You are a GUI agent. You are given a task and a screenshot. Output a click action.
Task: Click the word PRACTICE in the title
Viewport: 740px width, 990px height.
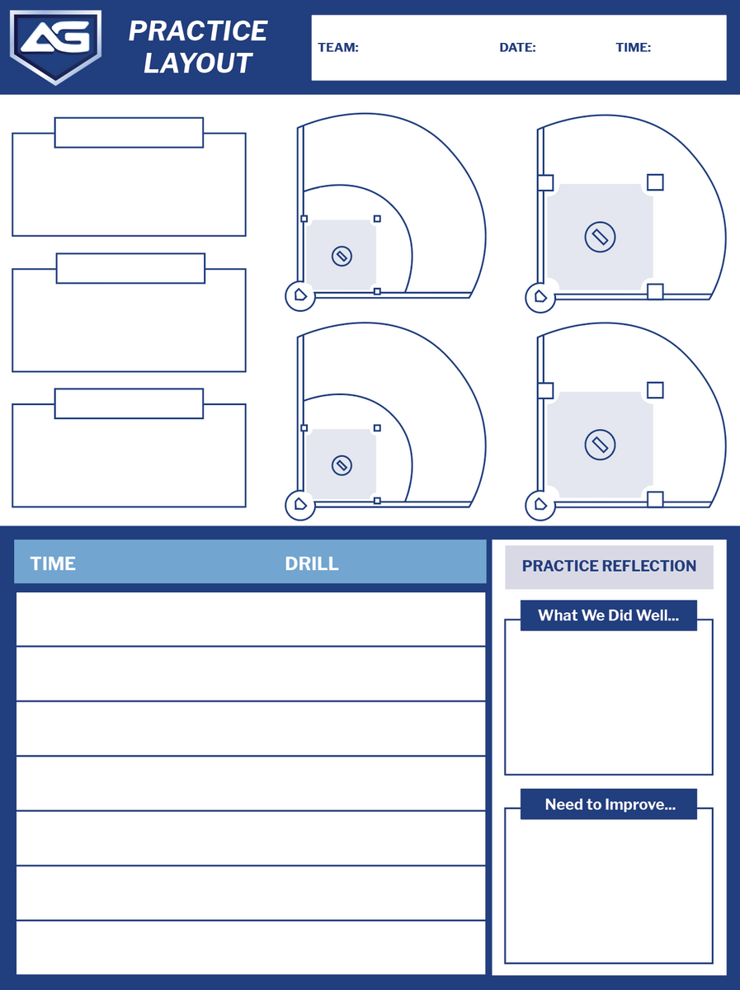coord(198,31)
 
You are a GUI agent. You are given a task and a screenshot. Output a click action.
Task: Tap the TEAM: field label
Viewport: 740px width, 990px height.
coord(338,48)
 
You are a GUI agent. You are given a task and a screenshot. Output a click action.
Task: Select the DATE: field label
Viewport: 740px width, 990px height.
coord(517,48)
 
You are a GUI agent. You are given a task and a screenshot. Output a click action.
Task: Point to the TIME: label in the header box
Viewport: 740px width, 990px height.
coord(633,48)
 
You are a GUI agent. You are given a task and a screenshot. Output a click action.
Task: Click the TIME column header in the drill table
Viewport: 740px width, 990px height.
coord(53,563)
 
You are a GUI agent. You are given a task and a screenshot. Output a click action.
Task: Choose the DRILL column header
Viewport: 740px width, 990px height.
coord(311,563)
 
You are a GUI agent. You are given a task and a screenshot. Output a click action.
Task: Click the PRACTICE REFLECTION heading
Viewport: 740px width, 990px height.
coord(609,566)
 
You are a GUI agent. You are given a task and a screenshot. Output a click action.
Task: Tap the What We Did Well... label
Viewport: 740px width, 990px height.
coord(608,615)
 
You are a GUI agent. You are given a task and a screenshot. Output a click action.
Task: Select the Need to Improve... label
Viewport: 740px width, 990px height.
coord(610,804)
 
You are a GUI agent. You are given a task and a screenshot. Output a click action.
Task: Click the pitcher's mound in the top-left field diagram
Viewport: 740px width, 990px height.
coord(342,256)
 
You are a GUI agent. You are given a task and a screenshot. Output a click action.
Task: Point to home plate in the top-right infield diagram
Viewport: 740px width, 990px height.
coord(540,296)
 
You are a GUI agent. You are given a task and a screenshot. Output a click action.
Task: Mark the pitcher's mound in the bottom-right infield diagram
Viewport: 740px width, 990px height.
coord(601,445)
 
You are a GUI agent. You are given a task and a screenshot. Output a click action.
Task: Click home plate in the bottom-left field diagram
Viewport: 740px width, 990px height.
coord(300,503)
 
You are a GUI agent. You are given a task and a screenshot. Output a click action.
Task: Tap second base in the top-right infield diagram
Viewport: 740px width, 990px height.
coord(655,182)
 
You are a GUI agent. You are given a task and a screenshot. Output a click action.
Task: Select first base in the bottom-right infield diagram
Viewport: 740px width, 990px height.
coord(655,499)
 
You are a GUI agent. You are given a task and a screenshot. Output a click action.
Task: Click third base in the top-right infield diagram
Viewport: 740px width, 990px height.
coord(545,182)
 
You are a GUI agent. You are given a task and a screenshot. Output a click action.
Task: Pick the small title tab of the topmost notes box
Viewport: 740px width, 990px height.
coord(129,133)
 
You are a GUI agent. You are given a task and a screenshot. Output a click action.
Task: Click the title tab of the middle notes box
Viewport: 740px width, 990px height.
coord(130,268)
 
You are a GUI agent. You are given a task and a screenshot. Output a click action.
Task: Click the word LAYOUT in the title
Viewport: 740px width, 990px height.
coord(198,64)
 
